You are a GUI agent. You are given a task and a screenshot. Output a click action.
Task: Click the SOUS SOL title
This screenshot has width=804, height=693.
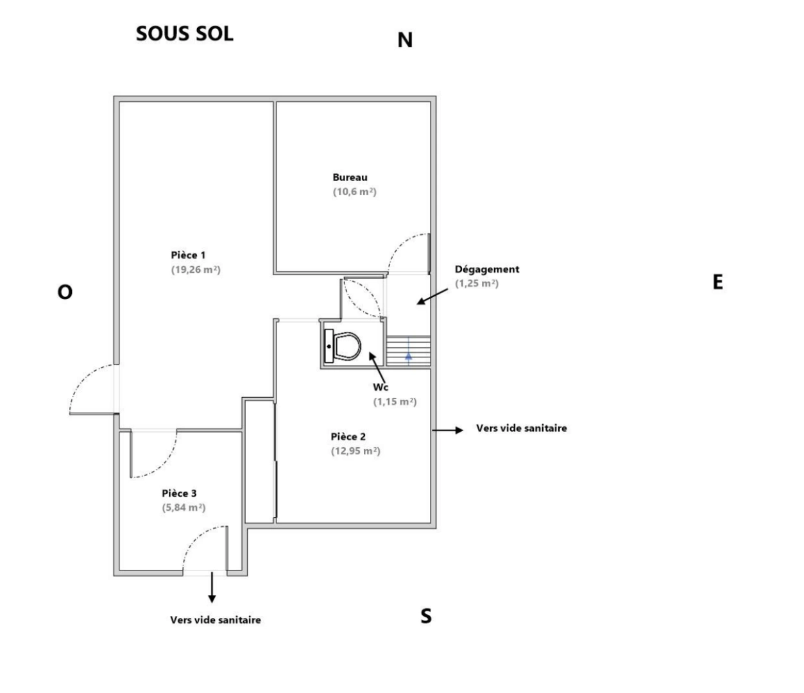tap(184, 34)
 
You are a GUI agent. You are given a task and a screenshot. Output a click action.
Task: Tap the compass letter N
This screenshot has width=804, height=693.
tap(405, 40)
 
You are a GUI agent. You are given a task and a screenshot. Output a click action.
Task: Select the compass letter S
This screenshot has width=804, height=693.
tap(426, 617)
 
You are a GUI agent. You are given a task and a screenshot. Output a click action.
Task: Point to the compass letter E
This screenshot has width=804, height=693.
tap(718, 282)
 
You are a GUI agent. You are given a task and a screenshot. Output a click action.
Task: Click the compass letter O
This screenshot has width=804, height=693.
tap(65, 293)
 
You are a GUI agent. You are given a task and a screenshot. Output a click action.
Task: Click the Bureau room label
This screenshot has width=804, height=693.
tap(350, 177)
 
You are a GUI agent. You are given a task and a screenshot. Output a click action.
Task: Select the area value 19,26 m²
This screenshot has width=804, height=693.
tap(196, 270)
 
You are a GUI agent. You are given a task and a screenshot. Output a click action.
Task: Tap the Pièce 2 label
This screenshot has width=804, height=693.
tap(348, 437)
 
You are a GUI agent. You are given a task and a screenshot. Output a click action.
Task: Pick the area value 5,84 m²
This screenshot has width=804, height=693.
tap(184, 508)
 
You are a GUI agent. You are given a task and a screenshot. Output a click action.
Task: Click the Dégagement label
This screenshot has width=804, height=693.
tap(487, 269)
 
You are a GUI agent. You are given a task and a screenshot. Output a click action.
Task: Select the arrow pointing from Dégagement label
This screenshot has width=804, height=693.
tap(432, 296)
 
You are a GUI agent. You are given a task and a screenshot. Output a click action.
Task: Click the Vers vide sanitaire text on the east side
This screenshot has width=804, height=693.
tap(521, 428)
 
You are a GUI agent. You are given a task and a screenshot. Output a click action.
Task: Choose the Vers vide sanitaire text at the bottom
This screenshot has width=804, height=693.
tap(216, 620)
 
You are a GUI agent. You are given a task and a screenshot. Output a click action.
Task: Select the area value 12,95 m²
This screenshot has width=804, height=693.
tap(355, 451)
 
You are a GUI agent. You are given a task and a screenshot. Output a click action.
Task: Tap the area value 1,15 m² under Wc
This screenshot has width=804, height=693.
tap(395, 402)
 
